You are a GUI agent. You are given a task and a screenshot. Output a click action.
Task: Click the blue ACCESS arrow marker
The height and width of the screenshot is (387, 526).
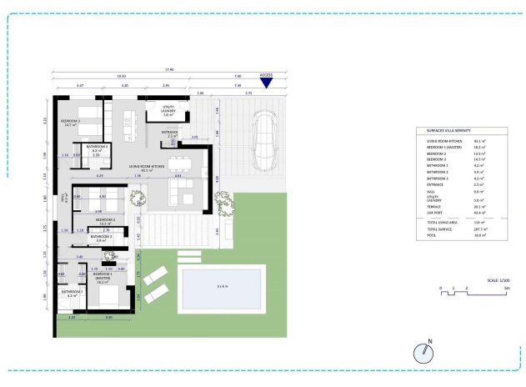coord(266,81)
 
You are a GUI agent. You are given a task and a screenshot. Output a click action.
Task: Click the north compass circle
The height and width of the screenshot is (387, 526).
coord(424,352)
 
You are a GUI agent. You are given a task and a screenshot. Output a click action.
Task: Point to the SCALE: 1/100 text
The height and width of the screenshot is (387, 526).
coord(487,280)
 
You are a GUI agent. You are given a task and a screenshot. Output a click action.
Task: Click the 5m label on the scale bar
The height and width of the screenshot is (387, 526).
coord(505,288)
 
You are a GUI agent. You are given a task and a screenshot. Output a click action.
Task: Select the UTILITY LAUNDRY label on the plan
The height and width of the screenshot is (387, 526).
coord(168,112)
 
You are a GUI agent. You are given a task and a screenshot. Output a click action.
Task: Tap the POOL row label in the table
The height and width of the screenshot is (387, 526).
coord(430,235)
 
